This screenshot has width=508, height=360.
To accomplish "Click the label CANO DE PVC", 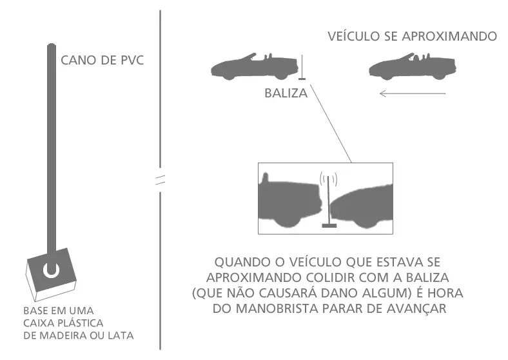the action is (102, 61).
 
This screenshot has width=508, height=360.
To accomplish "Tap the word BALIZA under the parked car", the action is (286, 94).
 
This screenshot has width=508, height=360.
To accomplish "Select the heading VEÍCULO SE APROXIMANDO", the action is (412, 36).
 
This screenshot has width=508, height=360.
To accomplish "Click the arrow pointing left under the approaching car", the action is (413, 94).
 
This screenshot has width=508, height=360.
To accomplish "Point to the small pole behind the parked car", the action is (302, 68).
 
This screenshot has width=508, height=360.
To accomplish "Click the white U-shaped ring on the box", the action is (51, 271).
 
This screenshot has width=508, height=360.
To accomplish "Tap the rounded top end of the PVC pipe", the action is (52, 45).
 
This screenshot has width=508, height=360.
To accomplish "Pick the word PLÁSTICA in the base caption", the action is (81, 323).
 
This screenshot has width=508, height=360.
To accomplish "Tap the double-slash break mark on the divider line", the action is (160, 180).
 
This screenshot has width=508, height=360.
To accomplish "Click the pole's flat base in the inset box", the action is (329, 225).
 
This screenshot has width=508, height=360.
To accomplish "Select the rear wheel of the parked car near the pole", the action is (281, 77).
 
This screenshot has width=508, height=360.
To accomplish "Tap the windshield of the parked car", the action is (249, 57).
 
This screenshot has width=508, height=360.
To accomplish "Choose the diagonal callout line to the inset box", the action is (331, 124).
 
